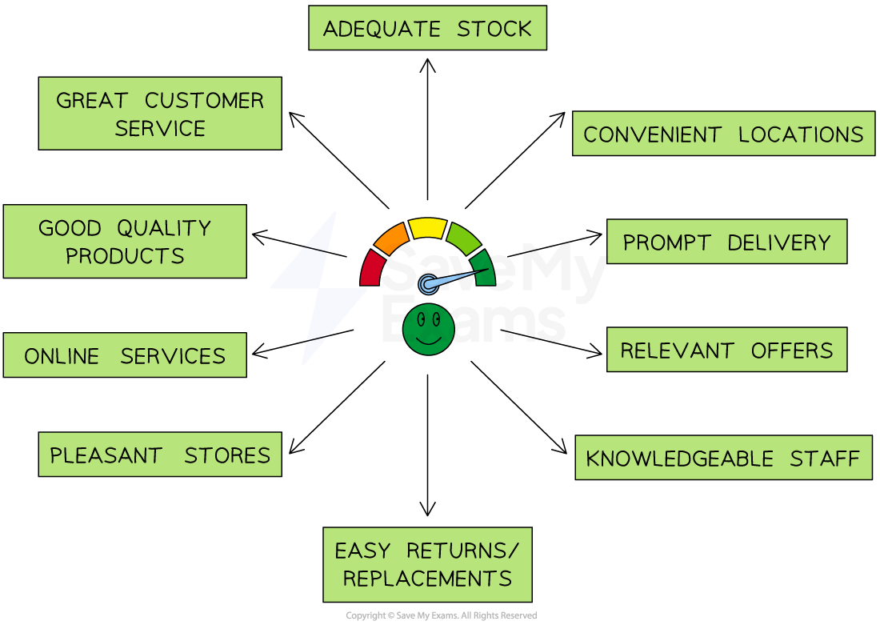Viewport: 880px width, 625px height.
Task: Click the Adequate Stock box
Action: click(x=427, y=28)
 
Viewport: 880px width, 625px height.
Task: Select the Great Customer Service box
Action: click(x=160, y=114)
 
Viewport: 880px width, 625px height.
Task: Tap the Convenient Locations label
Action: click(x=723, y=134)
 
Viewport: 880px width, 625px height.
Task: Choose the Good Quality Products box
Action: click(x=125, y=241)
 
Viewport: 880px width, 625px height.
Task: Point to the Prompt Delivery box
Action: click(x=726, y=242)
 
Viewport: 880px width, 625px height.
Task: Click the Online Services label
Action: click(x=125, y=355)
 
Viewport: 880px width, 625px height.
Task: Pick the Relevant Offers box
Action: click(x=726, y=350)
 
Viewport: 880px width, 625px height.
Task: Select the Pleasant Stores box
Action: click(x=160, y=455)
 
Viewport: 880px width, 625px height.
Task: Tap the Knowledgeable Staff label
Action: click(x=723, y=458)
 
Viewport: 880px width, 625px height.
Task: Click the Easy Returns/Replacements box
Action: click(x=427, y=564)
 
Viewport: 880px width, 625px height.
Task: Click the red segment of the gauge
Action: click(x=371, y=269)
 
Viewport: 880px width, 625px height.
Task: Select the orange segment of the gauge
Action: click(x=391, y=238)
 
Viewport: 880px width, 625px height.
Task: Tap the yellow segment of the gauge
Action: click(x=427, y=227)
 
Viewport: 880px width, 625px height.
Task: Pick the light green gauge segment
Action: click(x=463, y=238)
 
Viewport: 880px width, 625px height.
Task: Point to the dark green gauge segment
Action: click(x=485, y=267)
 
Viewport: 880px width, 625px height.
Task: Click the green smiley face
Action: click(x=429, y=329)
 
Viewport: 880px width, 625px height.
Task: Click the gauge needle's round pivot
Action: click(x=428, y=283)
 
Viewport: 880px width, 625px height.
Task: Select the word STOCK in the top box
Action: click(x=494, y=29)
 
